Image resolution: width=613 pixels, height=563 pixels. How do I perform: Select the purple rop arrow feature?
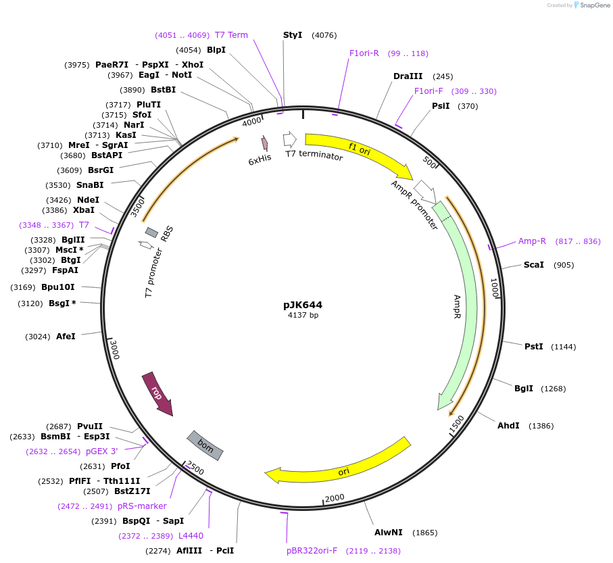click(x=157, y=394)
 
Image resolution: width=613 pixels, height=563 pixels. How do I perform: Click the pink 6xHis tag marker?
click(x=264, y=143)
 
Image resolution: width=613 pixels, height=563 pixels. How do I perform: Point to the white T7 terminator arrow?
click(x=289, y=139)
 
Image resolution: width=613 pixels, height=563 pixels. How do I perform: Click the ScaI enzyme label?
click(x=533, y=265)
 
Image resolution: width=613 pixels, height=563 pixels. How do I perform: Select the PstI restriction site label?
click(x=534, y=347)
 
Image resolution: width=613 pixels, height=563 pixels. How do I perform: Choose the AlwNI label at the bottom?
click(x=388, y=533)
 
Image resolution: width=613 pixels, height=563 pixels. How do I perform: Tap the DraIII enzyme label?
click(x=408, y=76)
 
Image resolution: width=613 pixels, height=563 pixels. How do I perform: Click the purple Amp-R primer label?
click(x=532, y=241)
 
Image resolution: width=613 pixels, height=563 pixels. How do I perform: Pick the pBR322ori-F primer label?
click(x=312, y=551)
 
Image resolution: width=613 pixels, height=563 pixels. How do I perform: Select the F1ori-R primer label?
click(x=364, y=53)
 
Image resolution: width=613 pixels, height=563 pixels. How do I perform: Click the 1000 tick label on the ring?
click(x=495, y=289)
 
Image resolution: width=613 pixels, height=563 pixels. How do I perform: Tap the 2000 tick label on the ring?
click(x=335, y=498)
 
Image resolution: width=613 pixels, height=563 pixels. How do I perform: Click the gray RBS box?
click(x=152, y=232)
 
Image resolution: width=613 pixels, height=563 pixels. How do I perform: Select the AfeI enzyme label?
click(x=66, y=336)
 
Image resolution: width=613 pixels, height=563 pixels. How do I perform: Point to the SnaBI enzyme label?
click(x=90, y=185)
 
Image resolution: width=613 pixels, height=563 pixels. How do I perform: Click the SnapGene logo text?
click(x=592, y=5)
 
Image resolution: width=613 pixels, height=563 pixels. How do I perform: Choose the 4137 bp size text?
click(x=303, y=316)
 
